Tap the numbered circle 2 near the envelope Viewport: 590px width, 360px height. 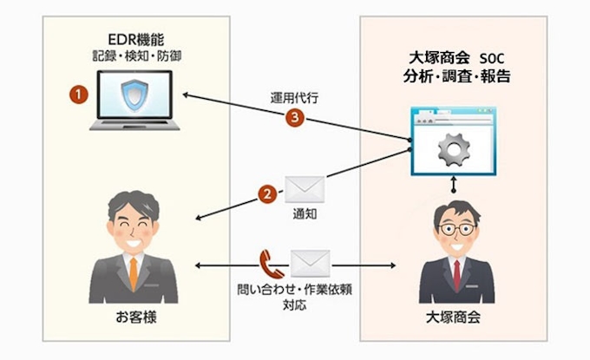click(x=269, y=193)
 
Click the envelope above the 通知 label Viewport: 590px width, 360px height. click(x=304, y=188)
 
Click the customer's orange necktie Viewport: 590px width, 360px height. click(x=133, y=273)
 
